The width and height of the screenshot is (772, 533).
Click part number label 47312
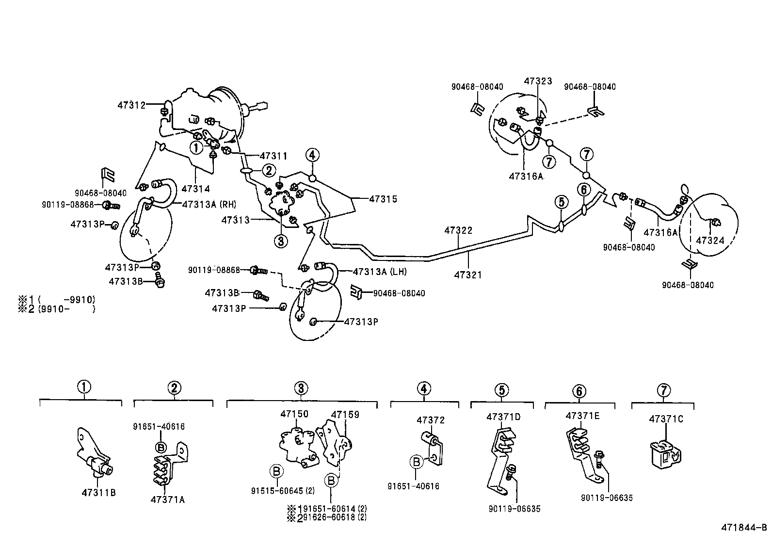[x=131, y=105]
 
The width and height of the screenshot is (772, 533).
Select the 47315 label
[x=383, y=199]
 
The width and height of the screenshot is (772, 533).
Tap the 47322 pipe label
[x=458, y=230]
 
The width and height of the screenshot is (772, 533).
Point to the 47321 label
[x=468, y=275]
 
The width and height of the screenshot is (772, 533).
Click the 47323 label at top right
[x=538, y=81]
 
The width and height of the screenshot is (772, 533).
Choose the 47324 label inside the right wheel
[x=710, y=240]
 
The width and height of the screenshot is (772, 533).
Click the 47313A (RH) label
[x=209, y=204]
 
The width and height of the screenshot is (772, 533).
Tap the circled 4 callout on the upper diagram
[x=312, y=155]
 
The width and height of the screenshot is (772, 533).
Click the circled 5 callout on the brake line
[x=561, y=201]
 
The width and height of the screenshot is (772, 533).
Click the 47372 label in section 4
[x=431, y=420]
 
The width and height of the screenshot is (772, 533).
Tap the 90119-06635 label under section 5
[x=514, y=509]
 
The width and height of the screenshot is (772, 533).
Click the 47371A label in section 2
[x=167, y=500]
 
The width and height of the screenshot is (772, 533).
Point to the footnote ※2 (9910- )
[x=57, y=308]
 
